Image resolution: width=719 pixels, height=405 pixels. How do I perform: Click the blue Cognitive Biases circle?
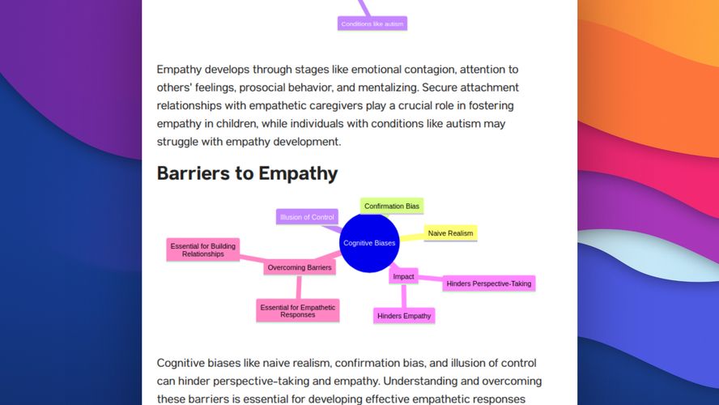coord(370,243)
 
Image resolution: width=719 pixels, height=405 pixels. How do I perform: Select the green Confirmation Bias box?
coord(392,207)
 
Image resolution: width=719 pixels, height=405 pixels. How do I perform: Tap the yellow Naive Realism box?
coord(450,233)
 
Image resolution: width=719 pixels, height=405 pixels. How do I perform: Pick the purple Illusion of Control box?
coord(307,217)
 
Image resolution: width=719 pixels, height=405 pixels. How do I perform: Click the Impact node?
coord(403,276)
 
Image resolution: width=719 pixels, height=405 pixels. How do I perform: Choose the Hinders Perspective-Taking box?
coord(488,283)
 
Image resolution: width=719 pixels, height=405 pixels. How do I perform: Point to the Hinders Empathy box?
coord(404,315)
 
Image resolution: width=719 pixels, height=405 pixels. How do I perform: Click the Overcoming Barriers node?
coord(300,267)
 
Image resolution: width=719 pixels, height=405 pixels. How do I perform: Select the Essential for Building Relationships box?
coord(203,249)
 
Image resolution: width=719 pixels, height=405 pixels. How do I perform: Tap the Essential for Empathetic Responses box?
coord(297,310)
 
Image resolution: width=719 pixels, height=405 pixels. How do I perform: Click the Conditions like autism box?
coord(372,23)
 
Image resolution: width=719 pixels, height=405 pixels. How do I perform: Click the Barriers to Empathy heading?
coord(247,173)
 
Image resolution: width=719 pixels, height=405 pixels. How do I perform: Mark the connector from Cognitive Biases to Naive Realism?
coord(413,237)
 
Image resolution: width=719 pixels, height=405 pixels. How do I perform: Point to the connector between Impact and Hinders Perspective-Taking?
coord(431,280)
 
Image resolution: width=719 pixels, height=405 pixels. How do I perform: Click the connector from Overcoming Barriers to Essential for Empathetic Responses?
coord(299,287)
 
